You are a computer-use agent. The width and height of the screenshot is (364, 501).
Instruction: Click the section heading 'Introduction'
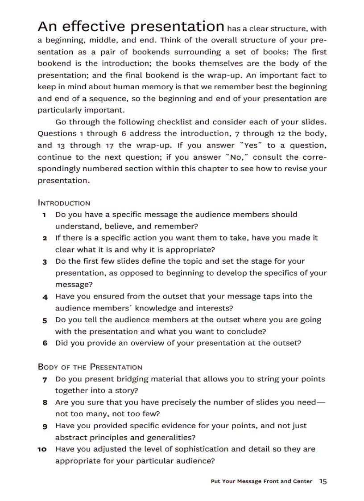pos(64,203)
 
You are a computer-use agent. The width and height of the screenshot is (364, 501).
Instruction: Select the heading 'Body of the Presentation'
pos(90,367)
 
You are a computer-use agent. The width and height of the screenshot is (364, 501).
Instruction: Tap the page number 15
pos(323,481)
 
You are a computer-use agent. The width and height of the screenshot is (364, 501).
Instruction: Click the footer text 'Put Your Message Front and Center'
pos(261,481)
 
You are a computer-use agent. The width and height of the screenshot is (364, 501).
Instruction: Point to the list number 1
pos(45,215)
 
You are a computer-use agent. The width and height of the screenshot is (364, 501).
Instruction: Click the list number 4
pos(45,297)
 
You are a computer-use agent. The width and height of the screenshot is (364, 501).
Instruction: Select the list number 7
pos(45,380)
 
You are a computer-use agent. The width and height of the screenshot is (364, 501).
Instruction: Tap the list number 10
pos(42,449)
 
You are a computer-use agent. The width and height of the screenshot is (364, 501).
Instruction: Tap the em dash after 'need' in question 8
pos(321,402)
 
